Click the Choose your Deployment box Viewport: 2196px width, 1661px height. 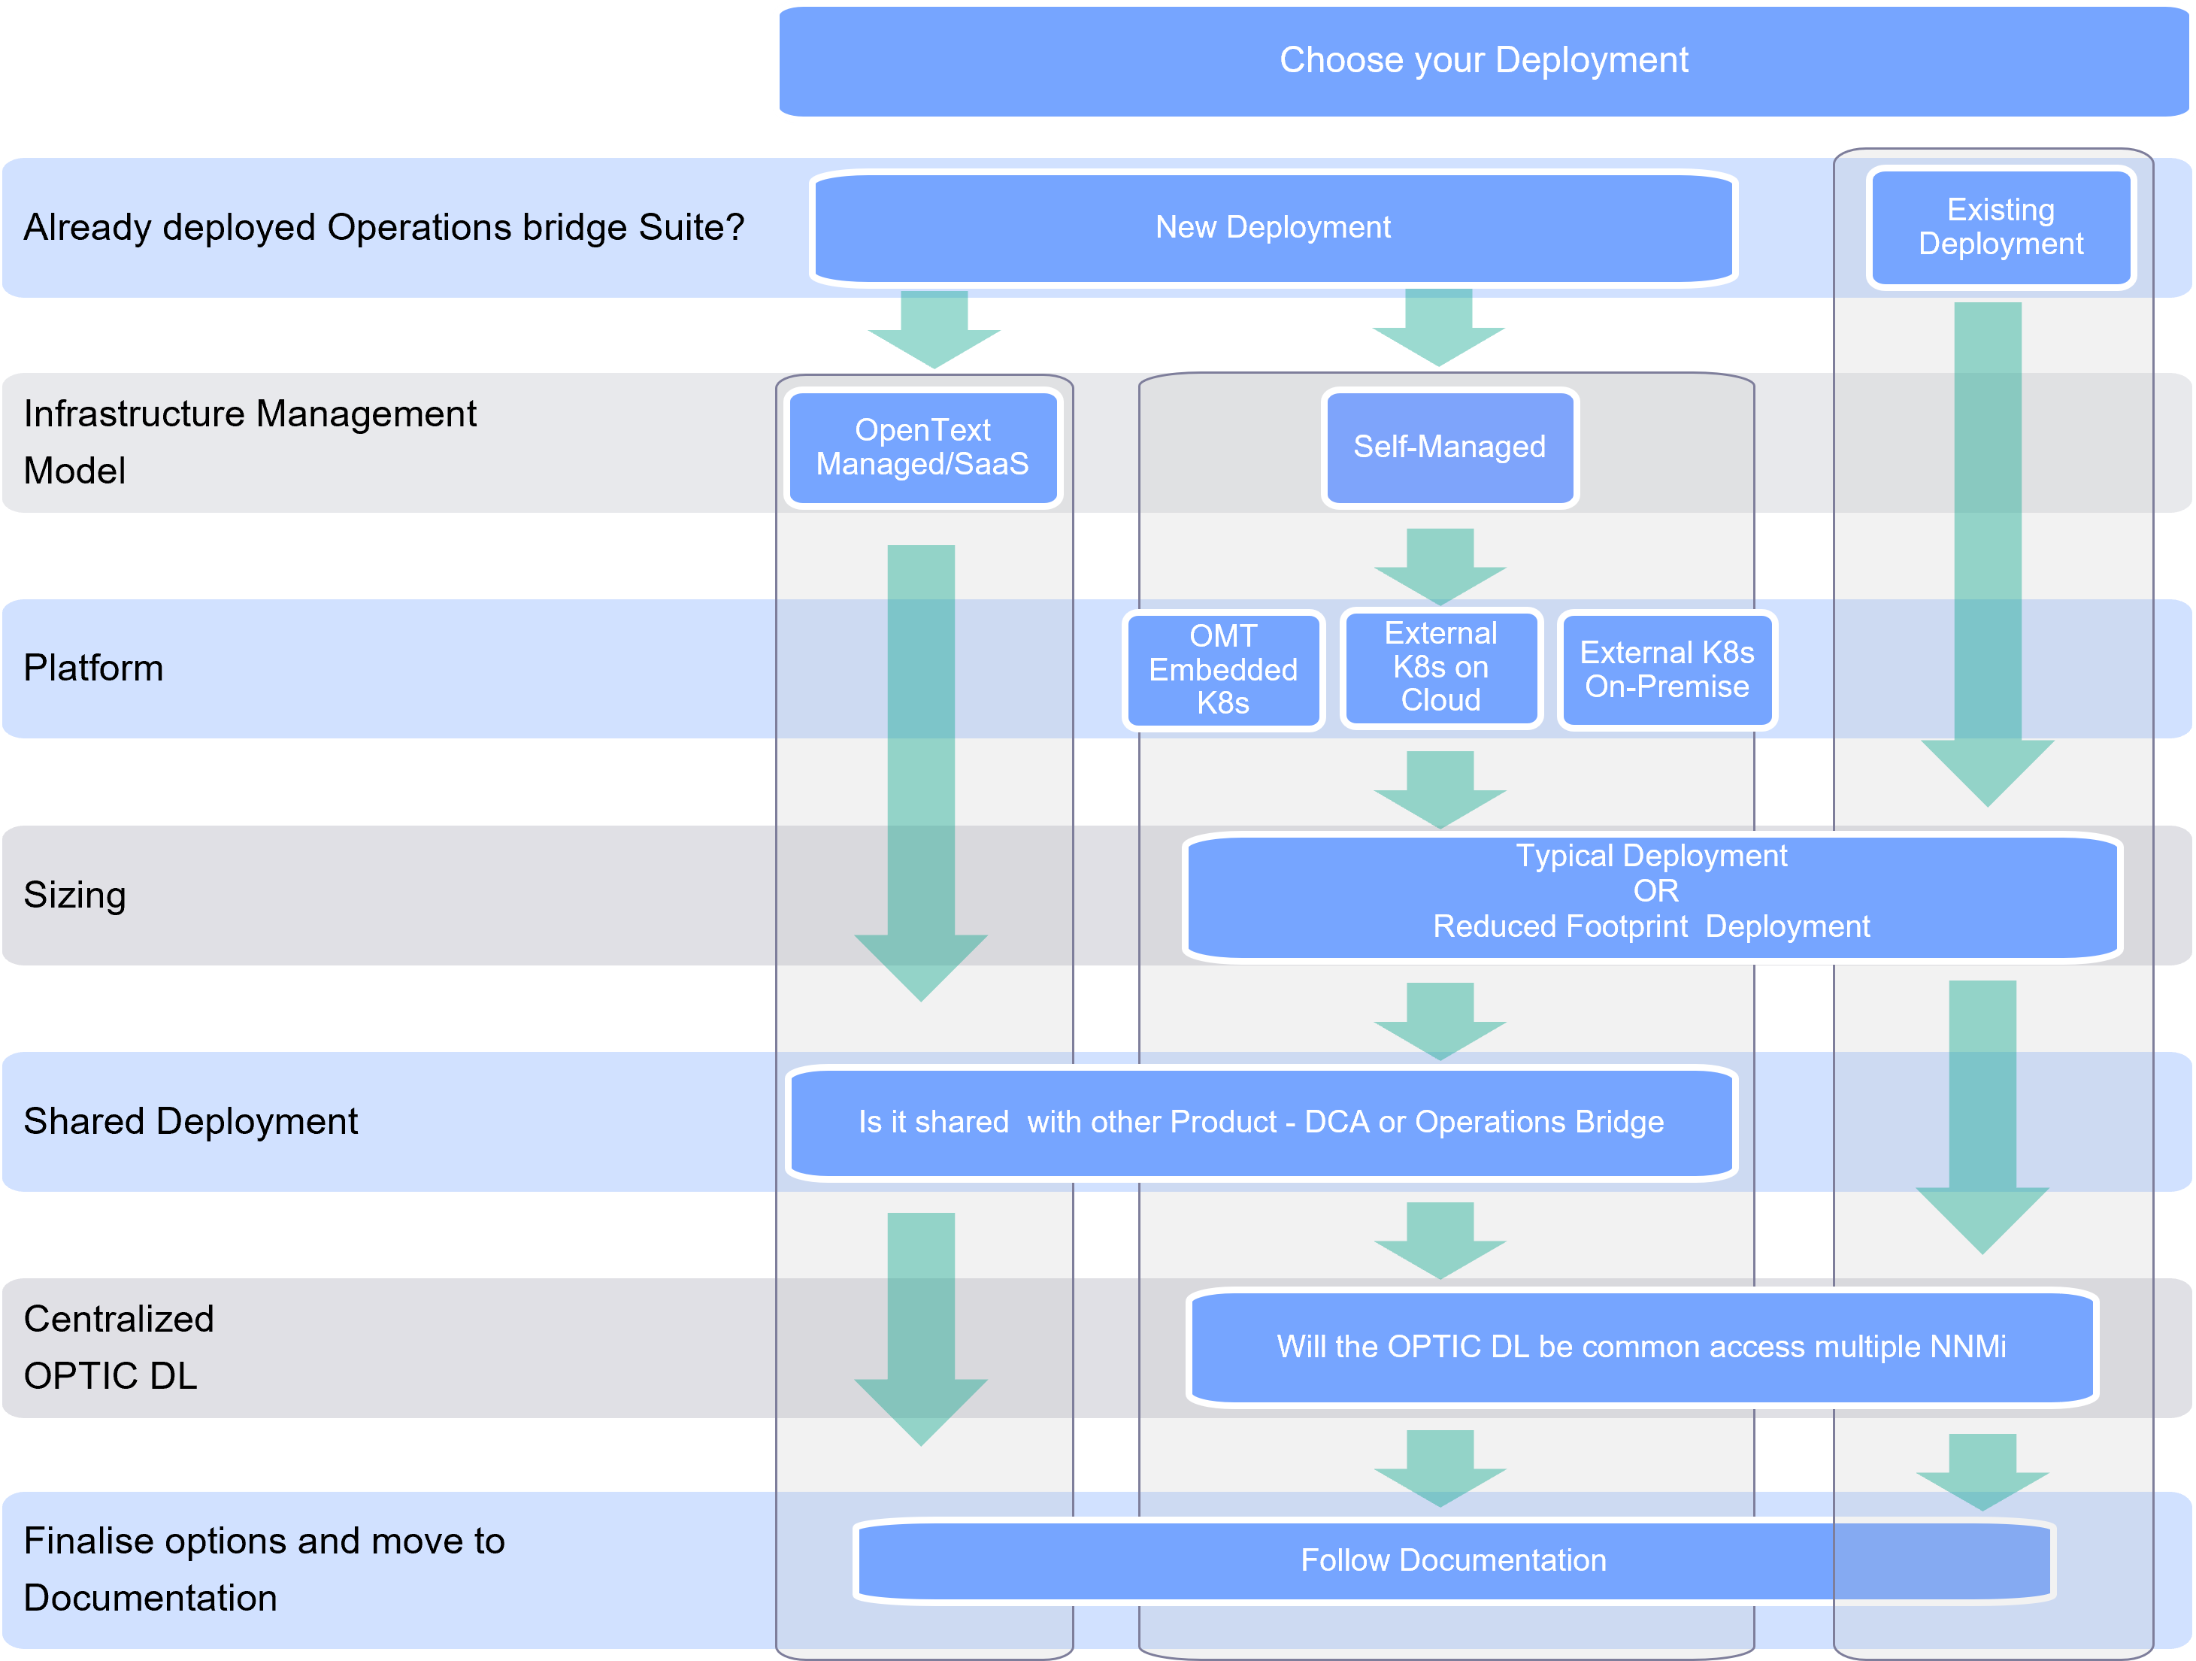tap(1483, 61)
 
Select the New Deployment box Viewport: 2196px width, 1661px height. tap(1273, 227)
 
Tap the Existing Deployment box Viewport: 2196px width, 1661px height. tap(2000, 227)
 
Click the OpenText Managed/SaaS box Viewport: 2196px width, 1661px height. tap(922, 447)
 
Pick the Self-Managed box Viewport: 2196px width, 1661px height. tap(1449, 447)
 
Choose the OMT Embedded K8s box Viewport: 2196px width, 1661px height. tap(1222, 669)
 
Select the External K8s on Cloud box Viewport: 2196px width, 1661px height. tap(1440, 667)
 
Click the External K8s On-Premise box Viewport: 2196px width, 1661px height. tap(1666, 670)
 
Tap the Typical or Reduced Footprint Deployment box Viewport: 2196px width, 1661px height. tap(1651, 892)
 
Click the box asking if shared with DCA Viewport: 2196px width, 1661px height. tap(1260, 1122)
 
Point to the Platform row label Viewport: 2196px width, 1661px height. tap(93, 668)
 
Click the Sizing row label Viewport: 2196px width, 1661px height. tap(74, 895)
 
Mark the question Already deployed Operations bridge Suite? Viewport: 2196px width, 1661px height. tap(383, 227)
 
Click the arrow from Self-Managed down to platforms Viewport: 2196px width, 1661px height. tap(1440, 565)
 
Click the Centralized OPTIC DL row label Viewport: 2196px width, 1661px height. tap(118, 1347)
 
